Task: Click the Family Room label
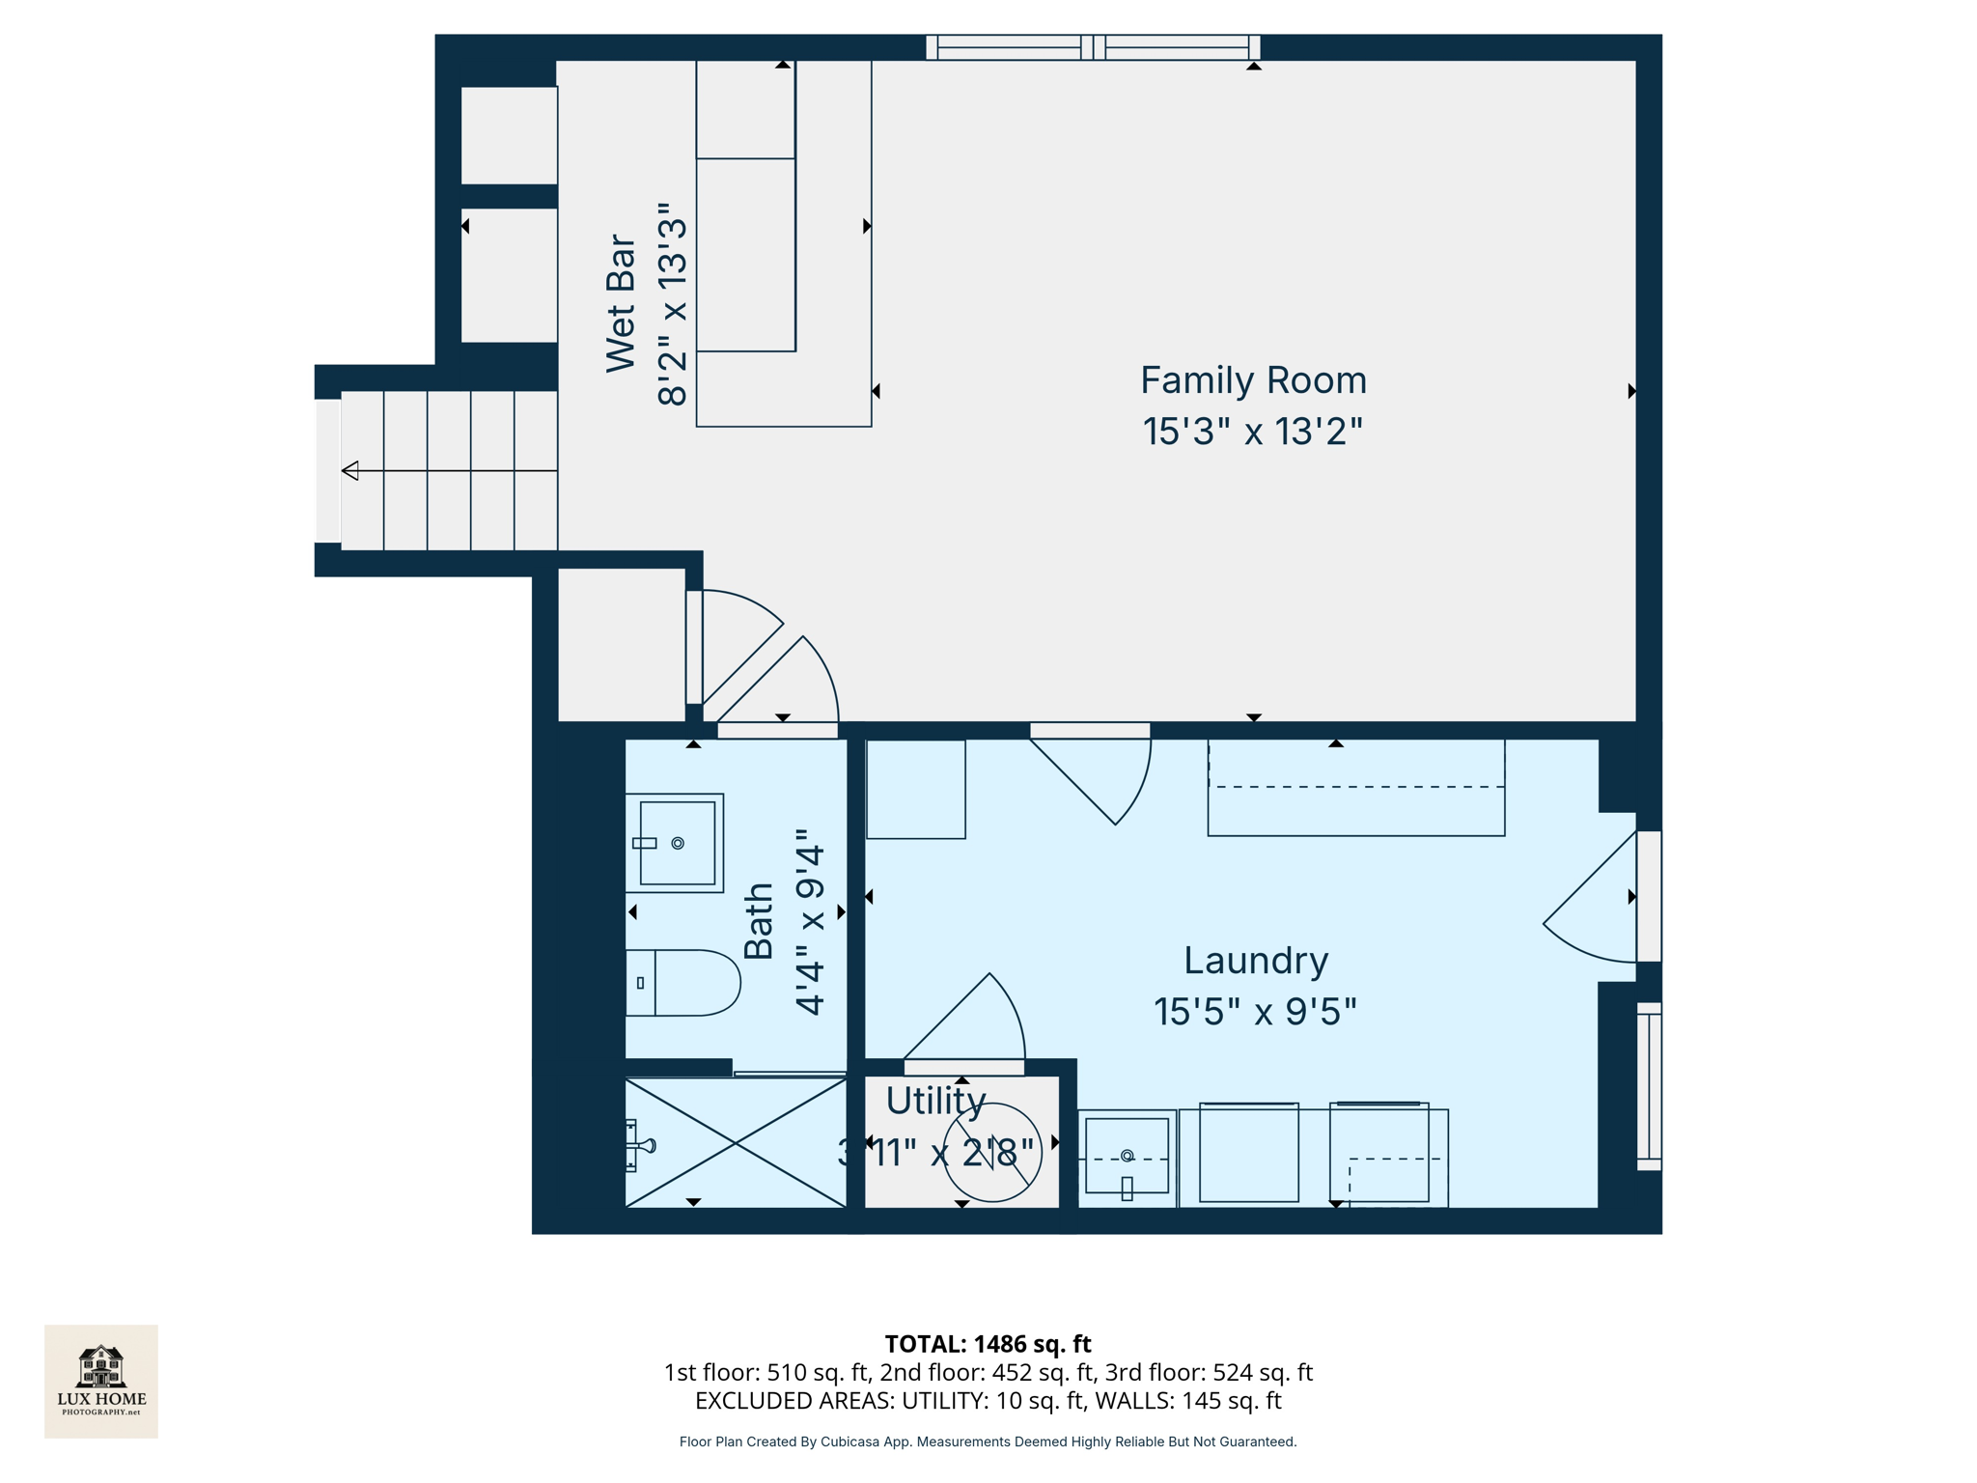coord(1253,380)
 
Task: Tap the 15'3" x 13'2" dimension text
coord(1253,432)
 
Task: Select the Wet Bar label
coord(621,303)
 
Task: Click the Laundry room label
coord(1255,961)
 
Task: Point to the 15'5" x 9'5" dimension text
coord(1255,1012)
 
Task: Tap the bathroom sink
coord(676,843)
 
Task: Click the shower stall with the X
coord(736,1143)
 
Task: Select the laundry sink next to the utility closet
coord(1127,1157)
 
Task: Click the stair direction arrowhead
coord(350,471)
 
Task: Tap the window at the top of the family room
coord(1093,47)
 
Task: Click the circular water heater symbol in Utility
coord(992,1153)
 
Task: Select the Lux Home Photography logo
coord(101,1381)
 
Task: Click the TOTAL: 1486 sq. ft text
coord(988,1344)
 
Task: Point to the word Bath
coord(759,921)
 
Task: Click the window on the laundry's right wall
coord(1649,1086)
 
